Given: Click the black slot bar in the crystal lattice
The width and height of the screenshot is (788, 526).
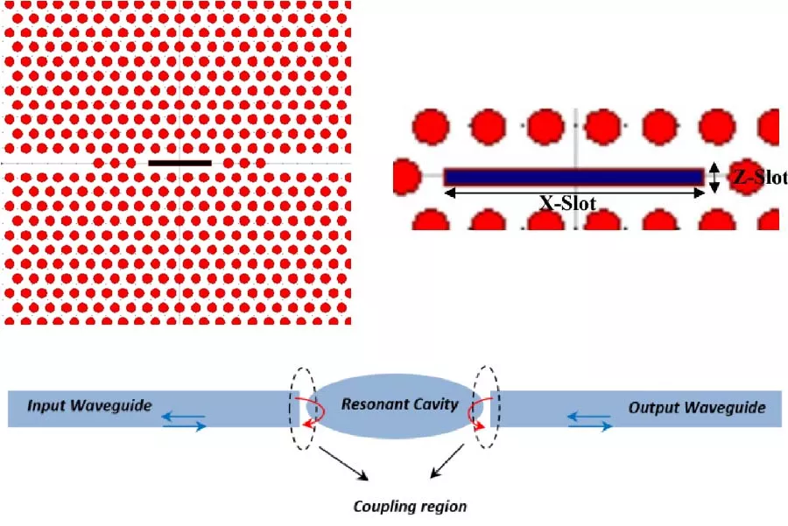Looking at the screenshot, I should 179,163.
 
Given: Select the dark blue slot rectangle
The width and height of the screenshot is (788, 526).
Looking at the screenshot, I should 573,177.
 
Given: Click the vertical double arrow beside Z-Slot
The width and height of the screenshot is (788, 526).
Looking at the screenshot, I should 715,178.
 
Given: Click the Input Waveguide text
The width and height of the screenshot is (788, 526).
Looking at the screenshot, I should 90,406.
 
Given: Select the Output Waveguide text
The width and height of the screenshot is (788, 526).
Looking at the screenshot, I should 697,408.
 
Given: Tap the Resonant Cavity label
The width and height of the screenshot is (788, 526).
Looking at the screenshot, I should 386,404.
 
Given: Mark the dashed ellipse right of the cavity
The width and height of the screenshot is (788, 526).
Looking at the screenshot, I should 484,408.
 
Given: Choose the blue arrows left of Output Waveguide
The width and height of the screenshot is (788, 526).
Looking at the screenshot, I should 590,422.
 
